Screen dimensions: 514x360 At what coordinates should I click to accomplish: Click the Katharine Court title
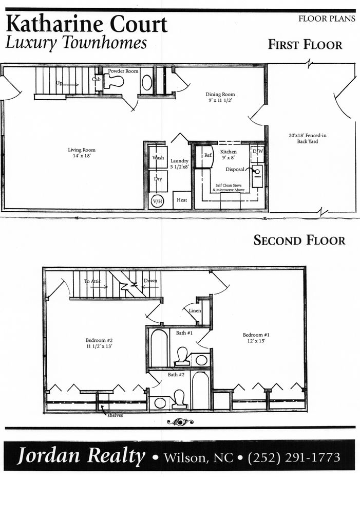pos(87,24)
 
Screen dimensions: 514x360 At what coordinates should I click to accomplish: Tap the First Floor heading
pos(305,45)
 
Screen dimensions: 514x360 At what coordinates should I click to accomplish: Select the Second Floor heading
pos(299,240)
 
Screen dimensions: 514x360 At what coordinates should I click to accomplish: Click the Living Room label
pos(82,153)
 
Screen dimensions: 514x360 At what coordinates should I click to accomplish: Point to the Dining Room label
pos(220,98)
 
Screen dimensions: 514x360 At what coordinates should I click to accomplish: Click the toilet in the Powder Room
pos(115,81)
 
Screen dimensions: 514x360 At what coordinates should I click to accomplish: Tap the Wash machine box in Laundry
pos(158,157)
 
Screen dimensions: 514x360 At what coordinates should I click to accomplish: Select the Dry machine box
pos(158,180)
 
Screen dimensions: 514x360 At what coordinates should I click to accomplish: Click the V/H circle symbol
pos(157,201)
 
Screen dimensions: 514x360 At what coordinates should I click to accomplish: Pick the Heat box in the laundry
pos(182,200)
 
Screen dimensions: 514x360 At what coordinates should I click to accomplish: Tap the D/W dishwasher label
pos(257,152)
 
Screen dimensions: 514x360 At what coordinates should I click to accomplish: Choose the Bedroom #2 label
pos(99,343)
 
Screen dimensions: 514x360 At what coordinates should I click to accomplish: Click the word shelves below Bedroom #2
pos(115,415)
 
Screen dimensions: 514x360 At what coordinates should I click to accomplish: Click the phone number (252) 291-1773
pos(294,457)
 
